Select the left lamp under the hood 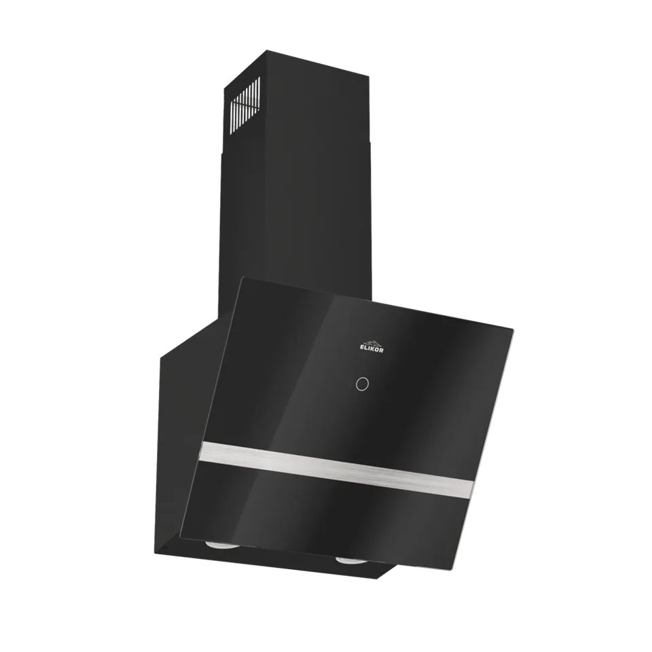[x=216, y=545]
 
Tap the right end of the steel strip [x=472, y=488]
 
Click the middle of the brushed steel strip [x=336, y=470]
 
